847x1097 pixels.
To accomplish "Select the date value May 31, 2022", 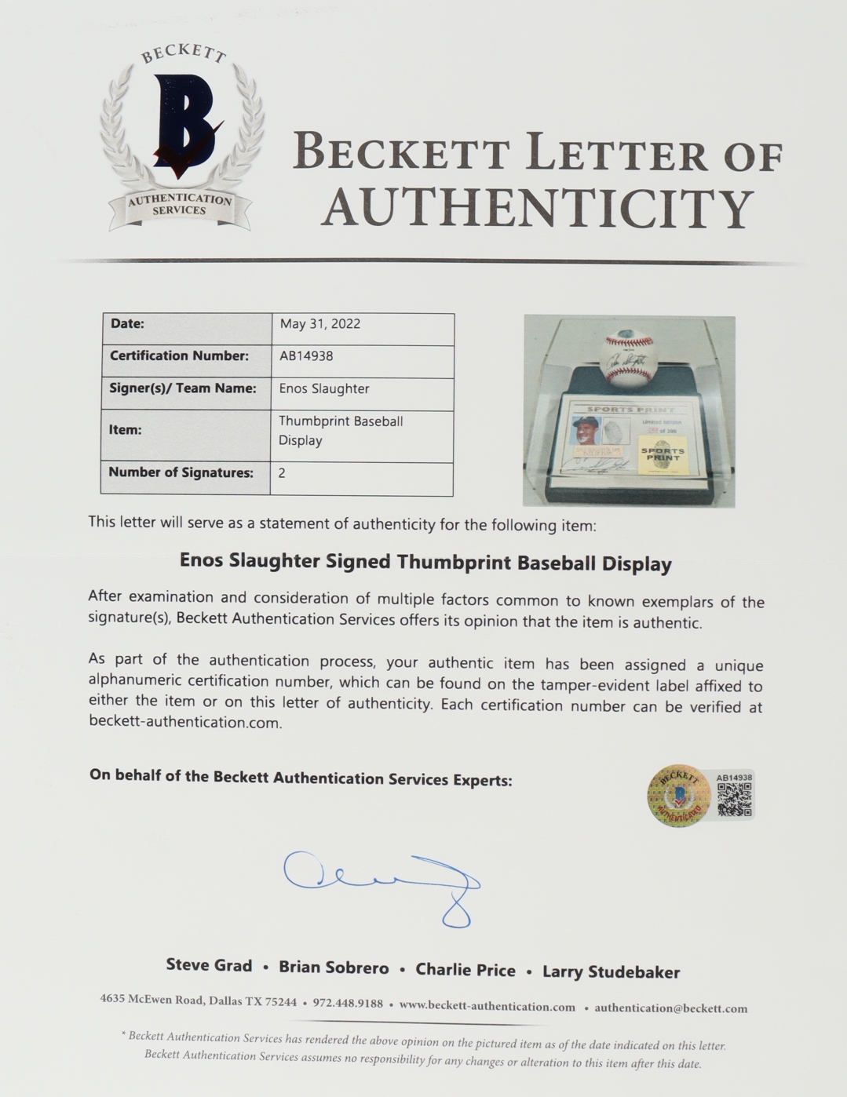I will pyautogui.click(x=319, y=324).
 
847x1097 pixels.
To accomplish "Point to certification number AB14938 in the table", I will pyautogui.click(x=306, y=355).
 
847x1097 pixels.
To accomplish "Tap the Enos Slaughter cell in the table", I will pyautogui.click(x=323, y=388).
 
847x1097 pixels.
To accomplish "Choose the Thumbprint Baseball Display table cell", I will pyautogui.click(x=341, y=431).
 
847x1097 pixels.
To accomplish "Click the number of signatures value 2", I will pyautogui.click(x=282, y=473).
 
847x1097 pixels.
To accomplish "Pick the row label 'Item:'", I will pyautogui.click(x=125, y=430).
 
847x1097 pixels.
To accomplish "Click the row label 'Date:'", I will pyautogui.click(x=127, y=323).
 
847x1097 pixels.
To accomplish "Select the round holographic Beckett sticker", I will pyautogui.click(x=679, y=795).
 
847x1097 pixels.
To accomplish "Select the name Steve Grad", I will pyautogui.click(x=209, y=966).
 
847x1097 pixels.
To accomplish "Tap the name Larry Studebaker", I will pyautogui.click(x=611, y=972).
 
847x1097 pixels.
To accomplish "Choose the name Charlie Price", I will pyautogui.click(x=465, y=970).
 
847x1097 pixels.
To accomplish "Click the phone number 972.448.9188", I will pyautogui.click(x=348, y=1004).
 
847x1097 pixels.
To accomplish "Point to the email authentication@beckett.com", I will pyautogui.click(x=670, y=1008).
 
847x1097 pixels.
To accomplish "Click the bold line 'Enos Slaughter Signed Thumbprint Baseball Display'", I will pyautogui.click(x=425, y=563).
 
